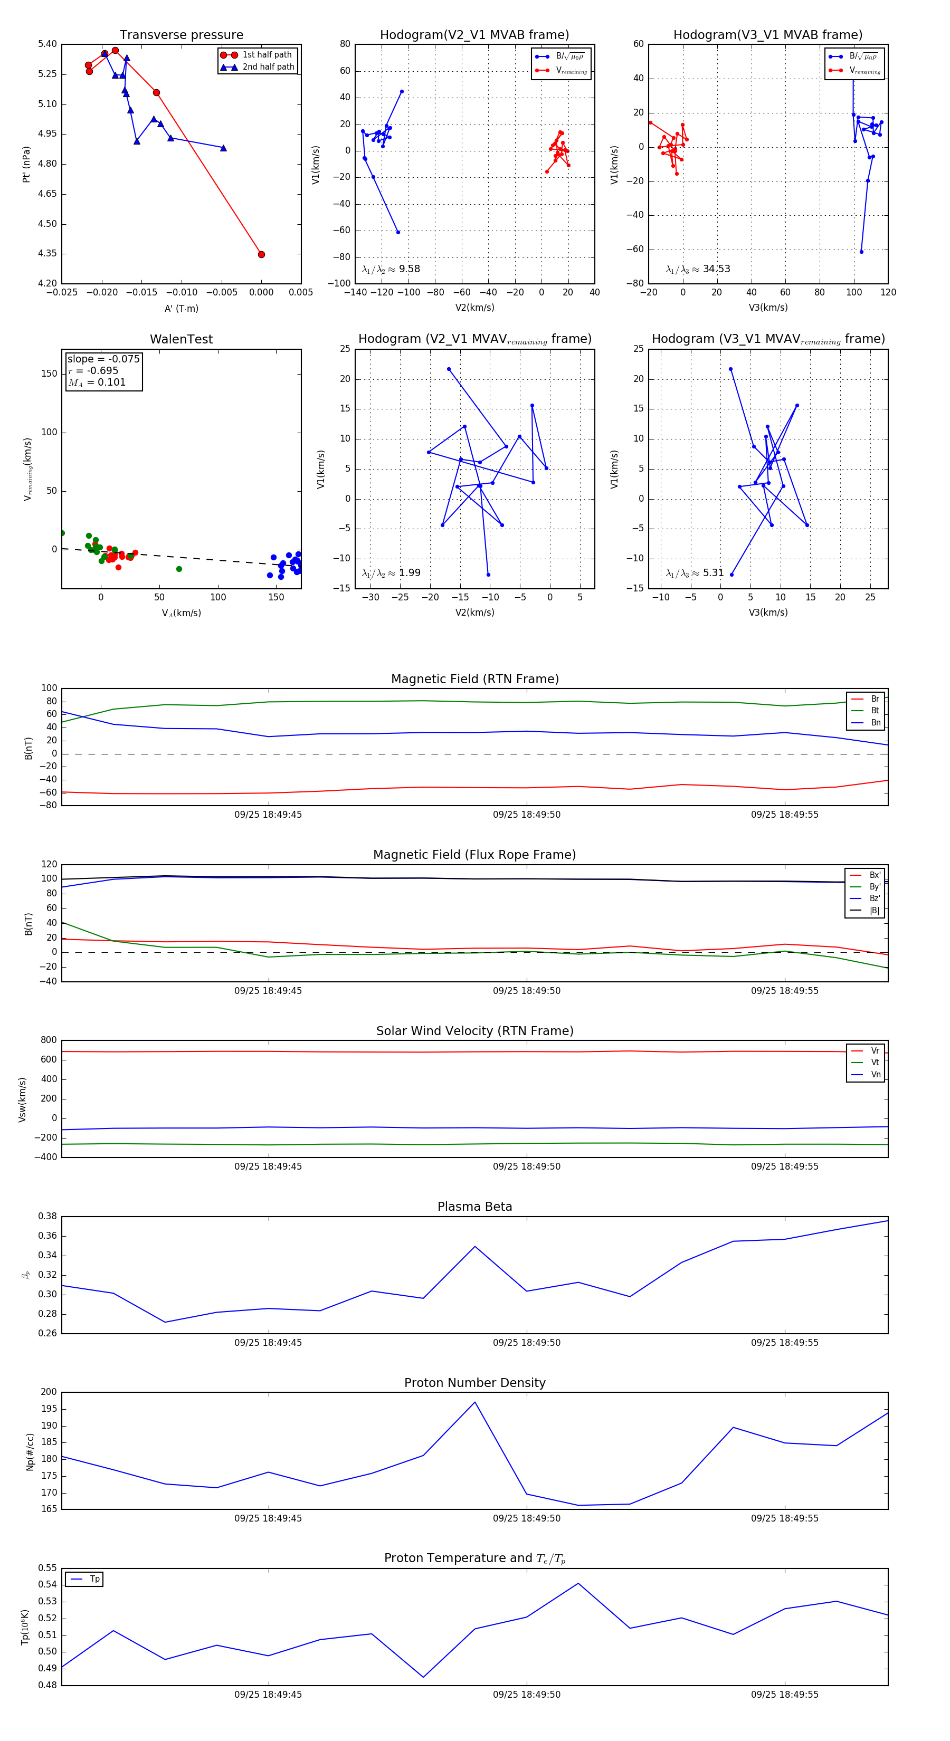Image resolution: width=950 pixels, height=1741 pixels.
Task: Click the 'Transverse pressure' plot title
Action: [x=181, y=35]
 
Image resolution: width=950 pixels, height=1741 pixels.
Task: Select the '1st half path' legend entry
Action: [x=267, y=55]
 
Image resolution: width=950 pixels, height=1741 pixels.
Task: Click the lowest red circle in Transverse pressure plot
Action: [x=262, y=255]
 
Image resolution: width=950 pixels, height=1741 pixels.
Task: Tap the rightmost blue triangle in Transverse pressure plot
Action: [x=224, y=148]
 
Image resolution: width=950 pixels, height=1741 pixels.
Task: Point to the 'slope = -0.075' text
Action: [x=103, y=359]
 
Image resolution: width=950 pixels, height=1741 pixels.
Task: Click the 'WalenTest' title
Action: [x=181, y=339]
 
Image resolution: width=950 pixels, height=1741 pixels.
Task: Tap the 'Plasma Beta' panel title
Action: [x=474, y=1207]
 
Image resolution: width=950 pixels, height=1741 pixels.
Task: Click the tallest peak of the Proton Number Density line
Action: [x=474, y=1402]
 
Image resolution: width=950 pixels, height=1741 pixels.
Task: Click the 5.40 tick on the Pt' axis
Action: [x=47, y=44]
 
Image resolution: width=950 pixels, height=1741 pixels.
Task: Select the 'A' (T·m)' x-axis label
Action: [x=181, y=309]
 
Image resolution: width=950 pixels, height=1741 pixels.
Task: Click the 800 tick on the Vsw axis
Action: [x=49, y=1040]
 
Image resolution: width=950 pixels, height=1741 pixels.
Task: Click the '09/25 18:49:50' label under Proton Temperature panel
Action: [x=527, y=1695]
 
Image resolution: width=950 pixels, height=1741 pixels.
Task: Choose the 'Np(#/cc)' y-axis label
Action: [x=30, y=1452]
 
